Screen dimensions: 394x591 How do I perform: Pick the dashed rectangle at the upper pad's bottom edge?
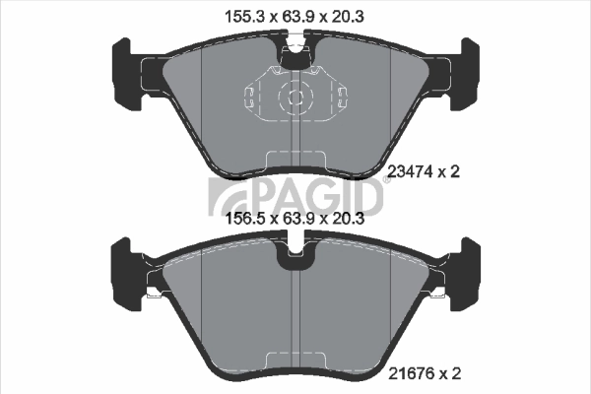pos(295,158)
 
